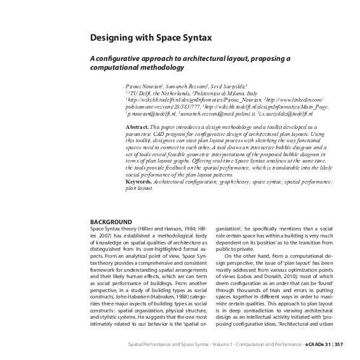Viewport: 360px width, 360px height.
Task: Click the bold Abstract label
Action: pyautogui.click(x=137, y=127)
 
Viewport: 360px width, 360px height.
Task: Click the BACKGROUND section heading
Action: pyautogui.click(x=111, y=222)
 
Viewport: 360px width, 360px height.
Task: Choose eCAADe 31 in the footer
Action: pyautogui.click(x=318, y=344)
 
